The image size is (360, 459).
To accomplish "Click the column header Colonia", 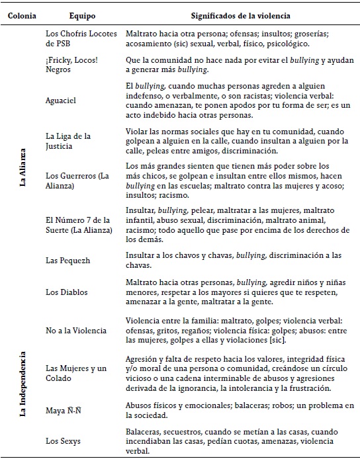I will [19, 14].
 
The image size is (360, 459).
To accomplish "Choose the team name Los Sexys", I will [64, 440].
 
